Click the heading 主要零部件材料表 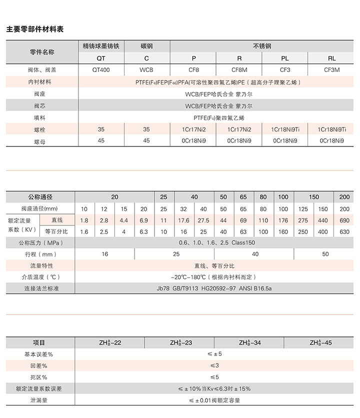point(35,29)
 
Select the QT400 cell point(101,70)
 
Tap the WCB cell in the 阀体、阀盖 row point(146,70)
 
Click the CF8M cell point(239,70)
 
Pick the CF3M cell point(332,70)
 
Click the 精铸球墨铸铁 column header point(101,46)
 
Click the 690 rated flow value point(344,220)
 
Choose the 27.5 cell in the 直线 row point(203,220)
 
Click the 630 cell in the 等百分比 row point(344,232)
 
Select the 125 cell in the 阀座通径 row point(303,208)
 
